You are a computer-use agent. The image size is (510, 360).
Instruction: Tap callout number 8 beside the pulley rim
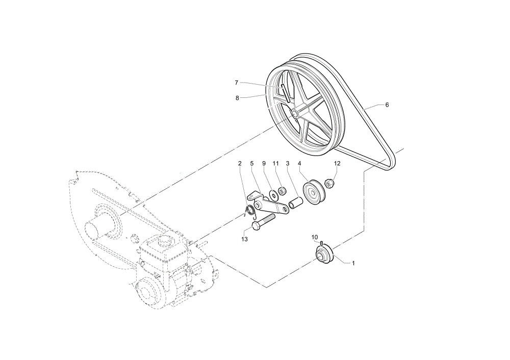pos(237,98)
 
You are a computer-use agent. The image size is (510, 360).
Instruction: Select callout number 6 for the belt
pos(387,105)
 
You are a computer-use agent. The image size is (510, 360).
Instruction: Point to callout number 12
pos(337,163)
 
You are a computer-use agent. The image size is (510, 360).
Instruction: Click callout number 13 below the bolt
pos(245,239)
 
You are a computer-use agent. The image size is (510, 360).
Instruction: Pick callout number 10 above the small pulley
pos(315,237)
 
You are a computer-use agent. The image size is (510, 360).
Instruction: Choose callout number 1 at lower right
pos(353,263)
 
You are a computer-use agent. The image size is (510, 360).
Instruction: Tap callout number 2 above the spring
pos(240,163)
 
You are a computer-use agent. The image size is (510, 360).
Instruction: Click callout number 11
pos(276,163)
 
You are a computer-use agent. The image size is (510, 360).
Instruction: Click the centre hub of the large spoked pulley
pos(294,114)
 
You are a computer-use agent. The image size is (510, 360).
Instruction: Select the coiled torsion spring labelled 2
pos(250,212)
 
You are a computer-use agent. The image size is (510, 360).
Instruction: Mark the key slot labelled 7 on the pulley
pos(285,93)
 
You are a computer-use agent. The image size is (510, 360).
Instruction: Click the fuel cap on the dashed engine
pos(165,241)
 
